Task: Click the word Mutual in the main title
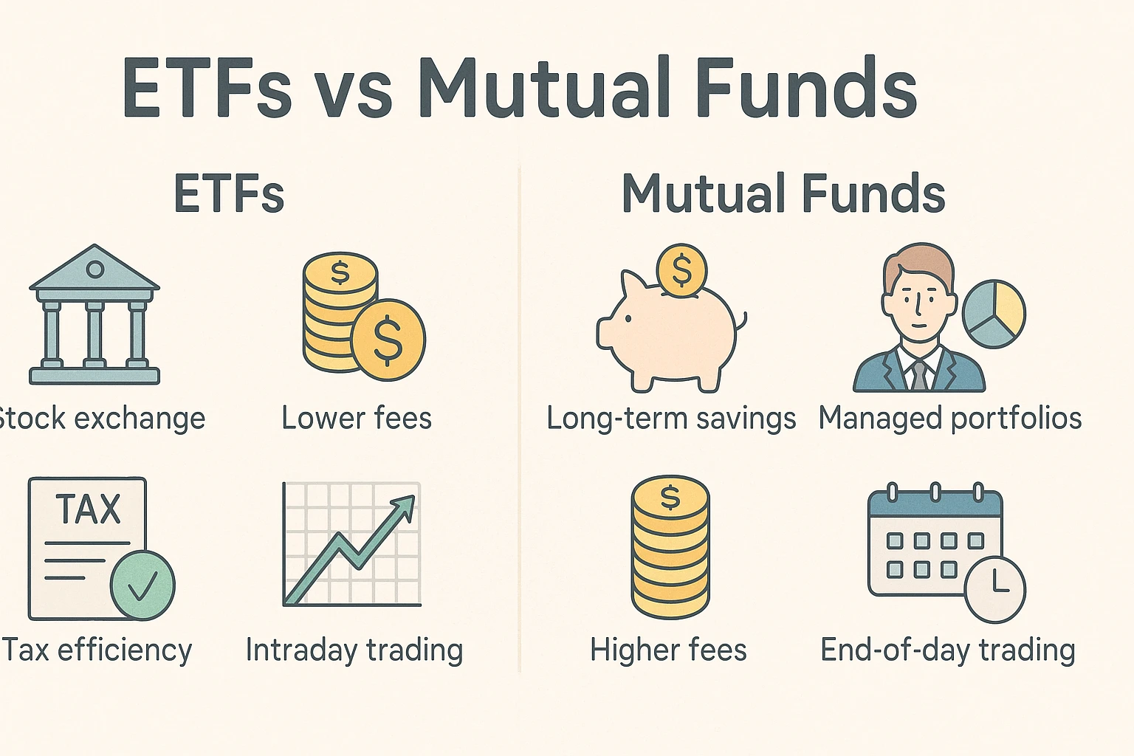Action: (x=545, y=86)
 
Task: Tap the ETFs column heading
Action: (x=229, y=193)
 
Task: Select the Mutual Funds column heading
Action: (x=783, y=193)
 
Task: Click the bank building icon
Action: (x=94, y=315)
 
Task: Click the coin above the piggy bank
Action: (x=681, y=272)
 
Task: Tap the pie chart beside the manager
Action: (x=994, y=314)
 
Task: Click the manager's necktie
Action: (x=919, y=375)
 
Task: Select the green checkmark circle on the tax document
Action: (x=142, y=585)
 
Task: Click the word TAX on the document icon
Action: (x=88, y=509)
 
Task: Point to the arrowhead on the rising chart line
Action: (x=404, y=508)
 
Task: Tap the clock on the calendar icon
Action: (x=994, y=589)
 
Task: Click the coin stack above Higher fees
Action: (x=670, y=547)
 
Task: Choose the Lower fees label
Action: (x=357, y=419)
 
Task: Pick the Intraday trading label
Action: (x=354, y=650)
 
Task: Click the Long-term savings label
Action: (x=671, y=419)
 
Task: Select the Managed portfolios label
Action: (x=949, y=419)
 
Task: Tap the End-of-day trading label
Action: (x=948, y=650)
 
